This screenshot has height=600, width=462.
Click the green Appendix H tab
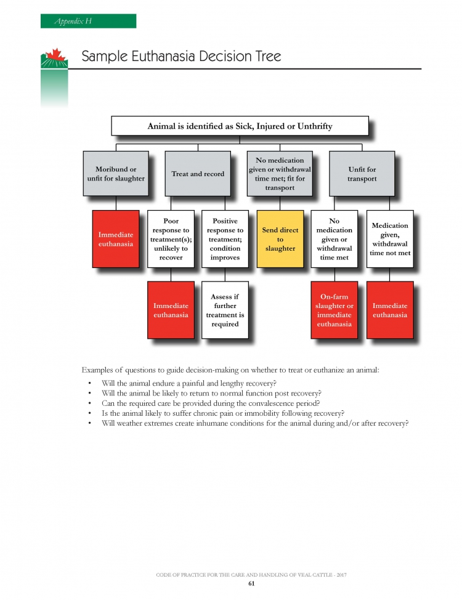[89, 21]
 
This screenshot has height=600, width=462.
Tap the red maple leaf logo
[56, 55]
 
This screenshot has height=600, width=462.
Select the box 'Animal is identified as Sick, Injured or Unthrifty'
[240, 126]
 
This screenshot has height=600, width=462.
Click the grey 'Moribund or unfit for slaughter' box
[116, 174]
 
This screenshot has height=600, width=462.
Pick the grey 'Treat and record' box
[198, 174]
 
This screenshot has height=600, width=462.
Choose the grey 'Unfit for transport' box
[362, 174]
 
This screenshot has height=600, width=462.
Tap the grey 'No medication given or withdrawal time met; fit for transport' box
[280, 174]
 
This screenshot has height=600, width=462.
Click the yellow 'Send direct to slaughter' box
[280, 239]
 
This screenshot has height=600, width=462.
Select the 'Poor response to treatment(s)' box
[171, 239]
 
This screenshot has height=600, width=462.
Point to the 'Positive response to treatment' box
[225, 239]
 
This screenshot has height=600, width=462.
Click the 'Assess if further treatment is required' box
[225, 310]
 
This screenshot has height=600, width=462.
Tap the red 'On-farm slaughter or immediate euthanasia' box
[334, 310]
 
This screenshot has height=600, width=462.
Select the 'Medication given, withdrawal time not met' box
[390, 239]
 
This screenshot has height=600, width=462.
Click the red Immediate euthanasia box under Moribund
[116, 239]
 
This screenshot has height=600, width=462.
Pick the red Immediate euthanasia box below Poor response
[171, 310]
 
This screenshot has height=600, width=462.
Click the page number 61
[251, 583]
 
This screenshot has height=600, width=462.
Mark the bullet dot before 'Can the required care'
[89, 403]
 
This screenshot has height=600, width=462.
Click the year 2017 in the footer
[341, 575]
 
